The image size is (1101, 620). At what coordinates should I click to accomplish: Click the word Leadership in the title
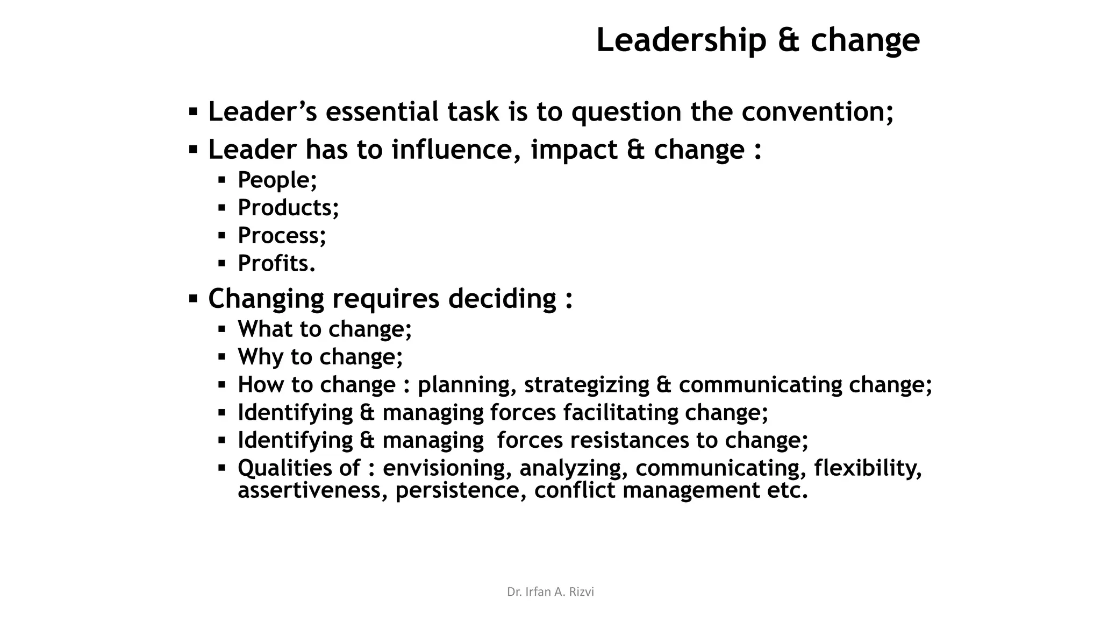(x=681, y=41)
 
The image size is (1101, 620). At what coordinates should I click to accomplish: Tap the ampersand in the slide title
(x=788, y=41)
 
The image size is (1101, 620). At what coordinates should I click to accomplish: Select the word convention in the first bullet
(x=817, y=112)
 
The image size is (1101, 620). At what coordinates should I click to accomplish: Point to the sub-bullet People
(x=277, y=180)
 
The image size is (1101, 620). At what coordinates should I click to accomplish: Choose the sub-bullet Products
(x=288, y=208)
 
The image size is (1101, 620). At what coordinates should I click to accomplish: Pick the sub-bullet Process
(x=282, y=236)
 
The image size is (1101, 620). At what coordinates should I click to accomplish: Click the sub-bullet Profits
(x=276, y=264)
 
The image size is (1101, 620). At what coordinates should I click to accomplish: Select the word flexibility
(x=868, y=468)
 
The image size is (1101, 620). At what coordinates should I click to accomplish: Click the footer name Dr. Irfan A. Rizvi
(x=550, y=592)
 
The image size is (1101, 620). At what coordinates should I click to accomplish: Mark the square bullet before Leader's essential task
(x=193, y=112)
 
